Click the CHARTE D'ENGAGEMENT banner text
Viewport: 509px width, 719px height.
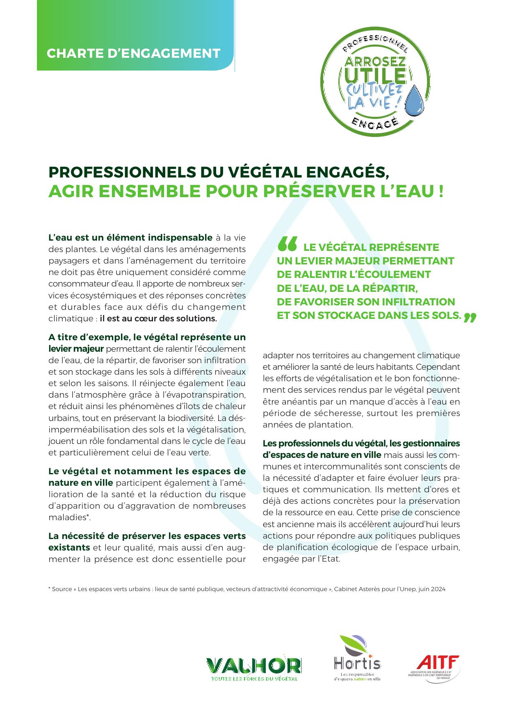tap(133, 53)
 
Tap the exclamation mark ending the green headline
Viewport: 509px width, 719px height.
tap(441, 191)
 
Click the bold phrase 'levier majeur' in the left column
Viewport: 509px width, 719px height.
tap(76, 349)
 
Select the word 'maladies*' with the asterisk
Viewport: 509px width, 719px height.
tap(69, 517)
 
